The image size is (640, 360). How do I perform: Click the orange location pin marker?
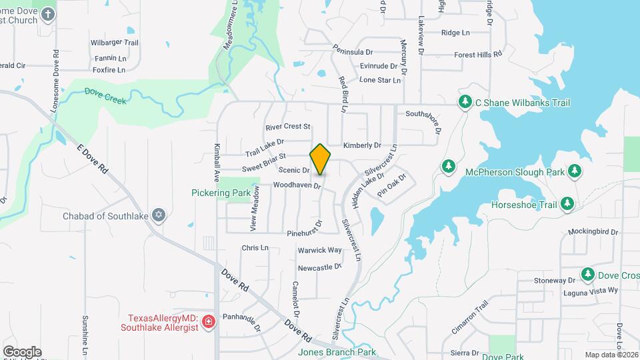tap(320, 159)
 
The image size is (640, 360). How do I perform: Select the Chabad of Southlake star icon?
tap(158, 215)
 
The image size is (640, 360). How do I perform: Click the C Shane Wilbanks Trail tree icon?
tap(465, 102)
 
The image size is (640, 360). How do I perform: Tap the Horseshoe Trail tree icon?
tap(567, 203)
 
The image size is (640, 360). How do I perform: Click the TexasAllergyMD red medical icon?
tap(209, 322)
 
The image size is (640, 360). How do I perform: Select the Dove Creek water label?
tap(105, 95)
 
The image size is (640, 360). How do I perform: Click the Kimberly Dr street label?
tap(362, 145)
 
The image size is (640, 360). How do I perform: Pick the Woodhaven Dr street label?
tap(297, 185)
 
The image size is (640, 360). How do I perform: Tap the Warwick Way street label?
tap(319, 250)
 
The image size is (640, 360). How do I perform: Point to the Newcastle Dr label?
tap(319, 267)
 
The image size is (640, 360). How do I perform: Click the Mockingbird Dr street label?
tap(594, 232)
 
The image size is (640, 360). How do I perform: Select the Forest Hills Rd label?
tap(478, 55)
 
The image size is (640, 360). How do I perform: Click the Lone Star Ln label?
tap(380, 80)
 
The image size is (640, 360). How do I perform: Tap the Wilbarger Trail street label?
tap(114, 43)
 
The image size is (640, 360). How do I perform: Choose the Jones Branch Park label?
tap(337, 352)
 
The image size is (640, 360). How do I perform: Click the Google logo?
tap(22, 351)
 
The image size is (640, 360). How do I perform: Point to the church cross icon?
tap(48, 13)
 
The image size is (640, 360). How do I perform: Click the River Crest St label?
tap(288, 126)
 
